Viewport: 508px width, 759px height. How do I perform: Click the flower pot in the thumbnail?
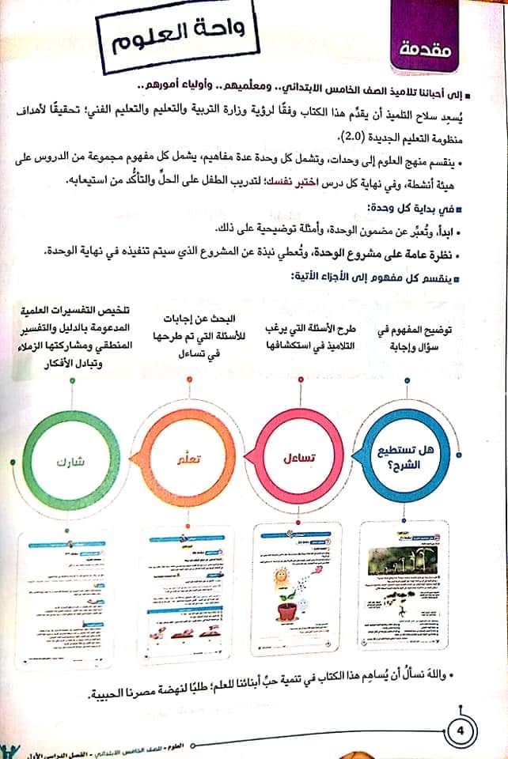coord(291,608)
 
